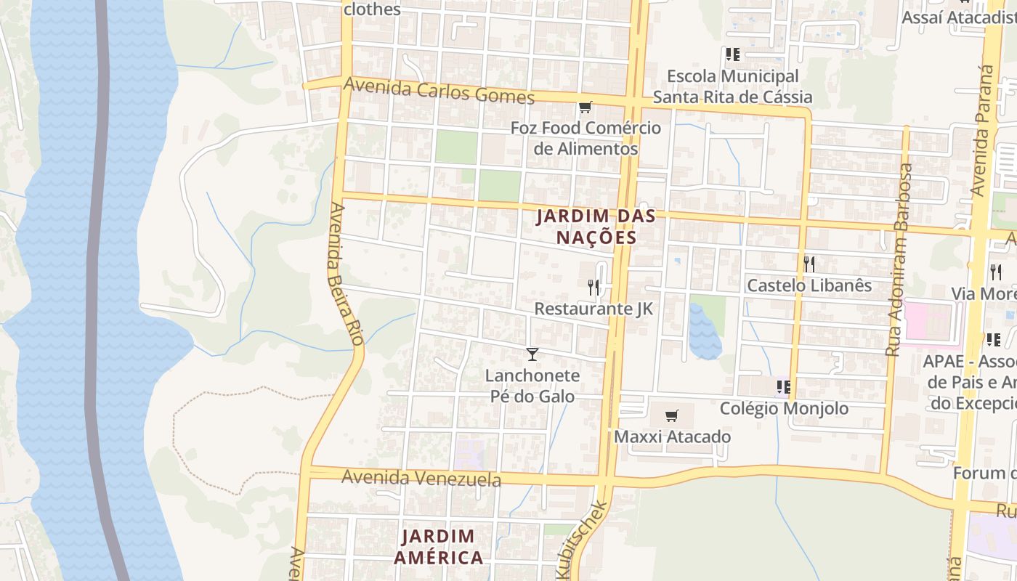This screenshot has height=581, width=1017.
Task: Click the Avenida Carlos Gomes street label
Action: (x=439, y=91)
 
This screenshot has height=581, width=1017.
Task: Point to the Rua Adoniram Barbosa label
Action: (x=899, y=260)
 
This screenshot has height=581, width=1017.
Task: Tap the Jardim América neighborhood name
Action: (x=438, y=547)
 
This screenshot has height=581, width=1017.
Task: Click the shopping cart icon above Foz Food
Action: (x=585, y=107)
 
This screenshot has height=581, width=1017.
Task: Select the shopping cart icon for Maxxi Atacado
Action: (x=672, y=416)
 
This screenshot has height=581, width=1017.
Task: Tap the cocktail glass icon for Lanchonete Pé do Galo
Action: (x=532, y=354)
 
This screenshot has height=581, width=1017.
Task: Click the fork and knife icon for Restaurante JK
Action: (x=593, y=288)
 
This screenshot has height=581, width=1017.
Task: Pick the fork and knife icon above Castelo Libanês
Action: (x=809, y=264)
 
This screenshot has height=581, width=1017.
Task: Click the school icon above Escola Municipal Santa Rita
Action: (x=732, y=54)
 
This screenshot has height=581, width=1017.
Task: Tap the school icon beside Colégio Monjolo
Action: (x=783, y=387)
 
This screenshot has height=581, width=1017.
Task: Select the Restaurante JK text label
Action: (x=593, y=309)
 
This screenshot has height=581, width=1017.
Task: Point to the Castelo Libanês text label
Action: (x=809, y=285)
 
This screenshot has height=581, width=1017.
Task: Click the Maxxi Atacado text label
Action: (x=672, y=437)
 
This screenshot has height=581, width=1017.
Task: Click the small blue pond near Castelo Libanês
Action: (x=703, y=334)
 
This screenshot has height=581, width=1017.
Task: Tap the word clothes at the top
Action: (x=372, y=9)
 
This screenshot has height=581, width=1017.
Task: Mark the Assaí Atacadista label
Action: (x=957, y=17)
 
